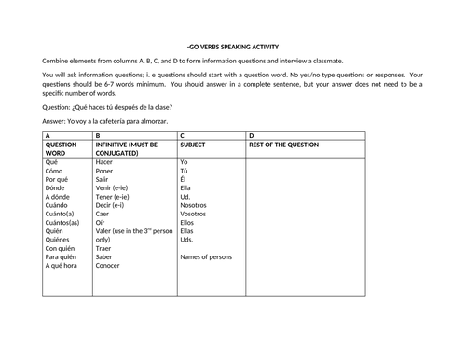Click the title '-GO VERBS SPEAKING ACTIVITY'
coord(233,47)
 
